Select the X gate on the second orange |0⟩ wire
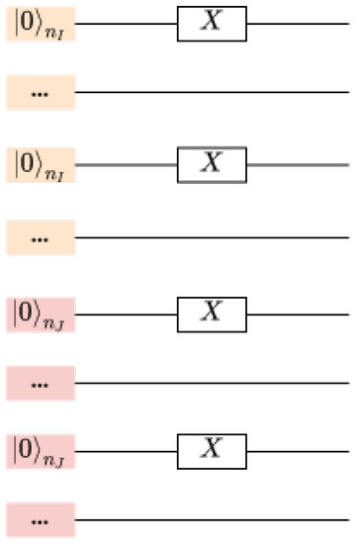tap(212, 164)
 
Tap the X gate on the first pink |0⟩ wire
tap(212, 312)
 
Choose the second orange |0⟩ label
tap(41, 164)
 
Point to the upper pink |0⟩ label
tap(41, 312)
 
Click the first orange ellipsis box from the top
tap(41, 93)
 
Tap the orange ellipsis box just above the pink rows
tap(41, 237)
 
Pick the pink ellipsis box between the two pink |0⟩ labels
tap(41, 382)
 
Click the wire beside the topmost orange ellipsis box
tap(213, 93)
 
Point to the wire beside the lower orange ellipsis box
tap(213, 237)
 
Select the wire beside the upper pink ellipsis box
tap(213, 382)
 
